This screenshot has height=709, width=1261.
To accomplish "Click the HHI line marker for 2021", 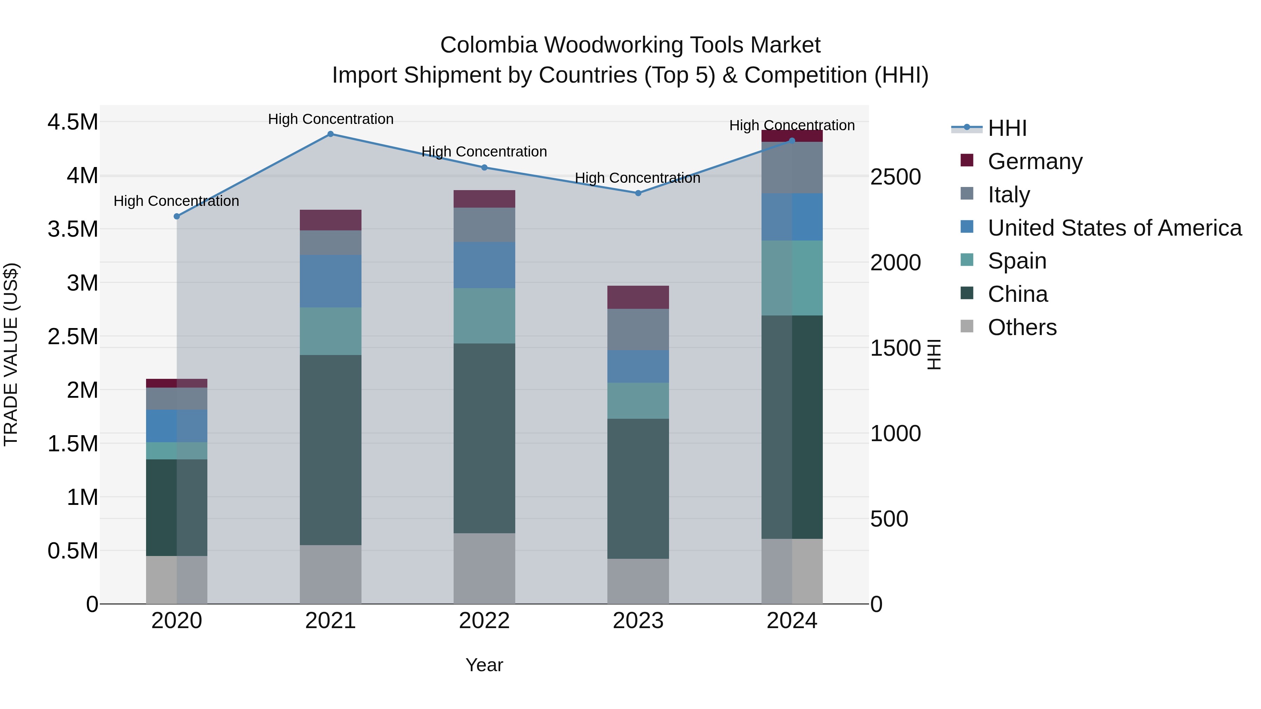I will (x=330, y=134).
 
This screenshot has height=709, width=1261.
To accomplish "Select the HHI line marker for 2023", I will (x=638, y=193).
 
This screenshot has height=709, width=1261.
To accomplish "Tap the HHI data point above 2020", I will (x=177, y=216).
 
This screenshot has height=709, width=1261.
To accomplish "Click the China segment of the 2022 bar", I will (x=484, y=438).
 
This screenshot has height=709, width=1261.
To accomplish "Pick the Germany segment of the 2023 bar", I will (x=638, y=297).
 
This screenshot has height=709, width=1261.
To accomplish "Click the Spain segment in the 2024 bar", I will (x=792, y=278).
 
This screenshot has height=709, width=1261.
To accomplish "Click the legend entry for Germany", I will (x=1034, y=161).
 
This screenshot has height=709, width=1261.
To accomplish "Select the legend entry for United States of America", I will (x=1114, y=228).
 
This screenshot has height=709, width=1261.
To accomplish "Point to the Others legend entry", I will (x=1022, y=327).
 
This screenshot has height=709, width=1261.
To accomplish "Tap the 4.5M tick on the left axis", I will (x=73, y=122).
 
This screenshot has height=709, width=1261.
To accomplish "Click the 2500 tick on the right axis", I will (x=895, y=177).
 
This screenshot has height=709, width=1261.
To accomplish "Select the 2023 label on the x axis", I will (x=638, y=621).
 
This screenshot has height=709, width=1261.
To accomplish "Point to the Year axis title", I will (x=484, y=665).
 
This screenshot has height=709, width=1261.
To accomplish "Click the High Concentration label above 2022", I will (x=484, y=152).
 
